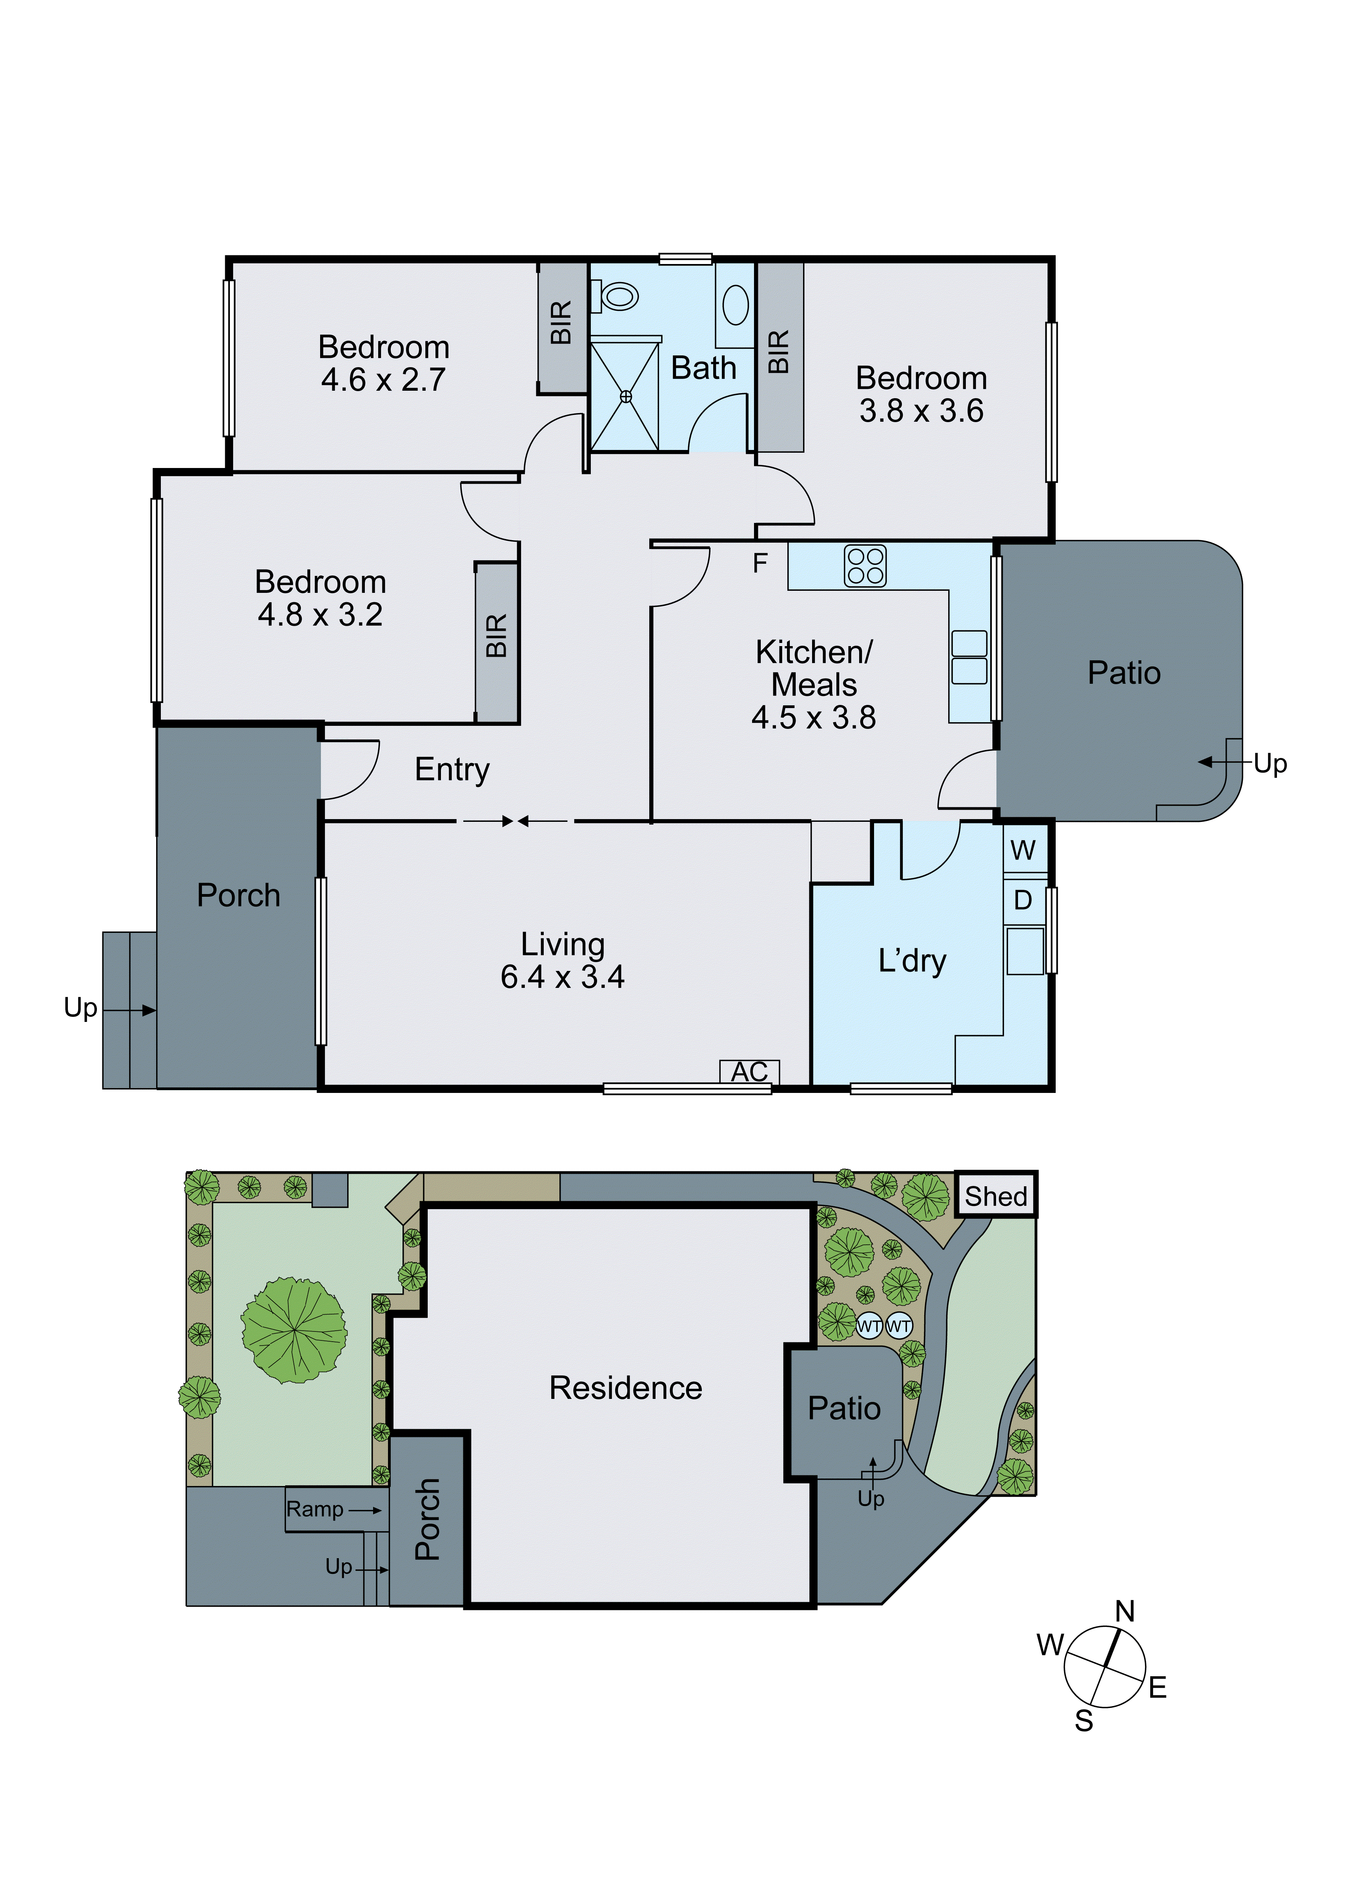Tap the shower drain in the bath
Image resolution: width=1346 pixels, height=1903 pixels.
626,397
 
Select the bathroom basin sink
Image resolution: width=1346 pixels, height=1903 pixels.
735,304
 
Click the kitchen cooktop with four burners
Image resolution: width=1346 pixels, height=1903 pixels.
865,566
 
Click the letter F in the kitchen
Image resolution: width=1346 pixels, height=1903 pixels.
760,564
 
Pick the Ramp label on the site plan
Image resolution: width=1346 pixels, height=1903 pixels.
315,1509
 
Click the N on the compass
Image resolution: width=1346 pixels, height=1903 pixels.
1125,1611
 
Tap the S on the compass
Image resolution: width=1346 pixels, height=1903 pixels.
1084,1721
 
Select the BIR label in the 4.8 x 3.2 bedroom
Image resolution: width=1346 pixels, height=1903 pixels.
496,636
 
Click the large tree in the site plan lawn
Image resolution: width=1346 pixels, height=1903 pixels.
294,1330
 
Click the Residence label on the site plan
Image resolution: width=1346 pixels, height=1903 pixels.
626,1388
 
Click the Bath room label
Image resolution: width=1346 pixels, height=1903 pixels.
704,368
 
